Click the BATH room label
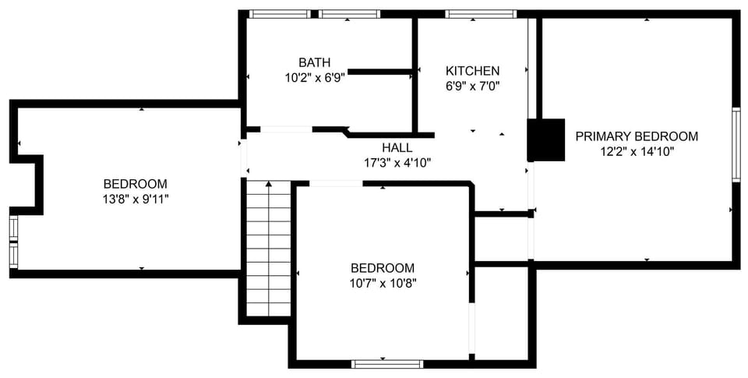click(314, 62)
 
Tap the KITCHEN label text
click(472, 71)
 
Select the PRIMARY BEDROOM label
click(636, 136)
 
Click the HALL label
click(397, 147)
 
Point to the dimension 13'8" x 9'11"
click(135, 199)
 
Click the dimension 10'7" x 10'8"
click(382, 283)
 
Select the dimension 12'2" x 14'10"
click(636, 151)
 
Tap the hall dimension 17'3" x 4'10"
click(397, 162)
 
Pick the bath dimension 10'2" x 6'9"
click(314, 77)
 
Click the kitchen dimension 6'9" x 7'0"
click(472, 86)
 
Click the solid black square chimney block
click(546, 140)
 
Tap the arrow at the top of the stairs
click(269, 185)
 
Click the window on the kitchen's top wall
click(481, 14)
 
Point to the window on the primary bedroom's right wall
click(736, 144)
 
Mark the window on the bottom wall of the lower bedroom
click(387, 363)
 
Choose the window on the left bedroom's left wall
click(13, 242)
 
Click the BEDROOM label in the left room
click(135, 184)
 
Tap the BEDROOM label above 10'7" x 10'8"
click(382, 268)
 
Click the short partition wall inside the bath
click(379, 72)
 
